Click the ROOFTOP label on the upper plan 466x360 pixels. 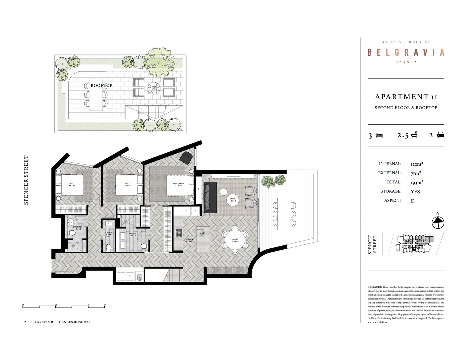tap(101, 85)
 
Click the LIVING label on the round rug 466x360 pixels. tap(233, 200)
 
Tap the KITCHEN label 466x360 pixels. tap(189, 240)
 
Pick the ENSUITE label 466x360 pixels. tap(133, 234)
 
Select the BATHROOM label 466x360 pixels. tap(78, 228)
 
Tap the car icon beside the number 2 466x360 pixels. tap(440, 135)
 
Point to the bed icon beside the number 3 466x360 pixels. tap(379, 135)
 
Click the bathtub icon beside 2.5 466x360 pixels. tap(414, 135)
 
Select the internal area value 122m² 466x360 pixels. tap(417, 164)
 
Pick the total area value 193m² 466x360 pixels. tap(417, 182)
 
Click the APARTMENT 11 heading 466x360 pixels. tap(406, 97)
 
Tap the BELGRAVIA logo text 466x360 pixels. tap(406, 52)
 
